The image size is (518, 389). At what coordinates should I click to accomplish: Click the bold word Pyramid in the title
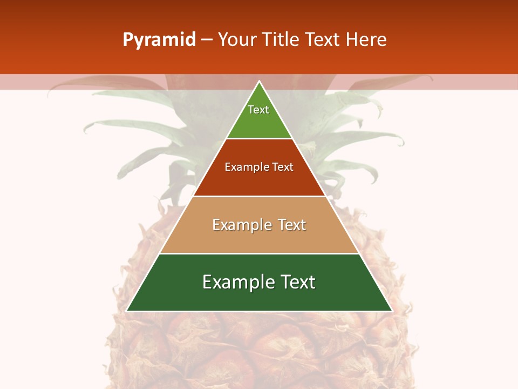pyautogui.click(x=159, y=40)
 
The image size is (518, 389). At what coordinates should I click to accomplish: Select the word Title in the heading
pyautogui.click(x=280, y=40)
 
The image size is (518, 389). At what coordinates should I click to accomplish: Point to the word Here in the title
pyautogui.click(x=366, y=40)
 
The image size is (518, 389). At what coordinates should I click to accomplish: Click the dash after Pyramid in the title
pyautogui.click(x=207, y=40)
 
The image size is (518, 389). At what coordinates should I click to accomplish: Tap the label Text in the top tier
pyautogui.click(x=258, y=110)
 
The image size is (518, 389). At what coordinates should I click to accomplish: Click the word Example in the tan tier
pyautogui.click(x=242, y=225)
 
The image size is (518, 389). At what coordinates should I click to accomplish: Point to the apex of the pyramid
pyautogui.click(x=260, y=82)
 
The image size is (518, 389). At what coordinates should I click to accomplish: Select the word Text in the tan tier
pyautogui.click(x=292, y=225)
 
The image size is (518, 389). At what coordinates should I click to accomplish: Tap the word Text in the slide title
pyautogui.click(x=323, y=40)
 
